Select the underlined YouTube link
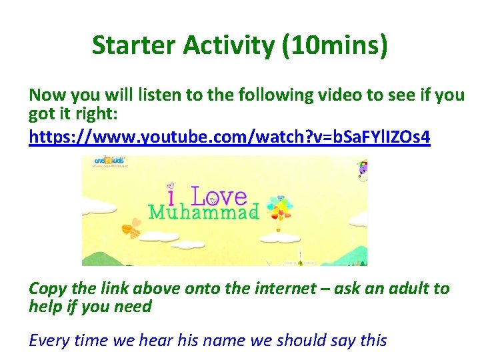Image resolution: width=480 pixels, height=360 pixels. [x=230, y=137]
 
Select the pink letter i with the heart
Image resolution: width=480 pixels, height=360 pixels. [x=171, y=195]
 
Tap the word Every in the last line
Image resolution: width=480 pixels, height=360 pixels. [x=48, y=341]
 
